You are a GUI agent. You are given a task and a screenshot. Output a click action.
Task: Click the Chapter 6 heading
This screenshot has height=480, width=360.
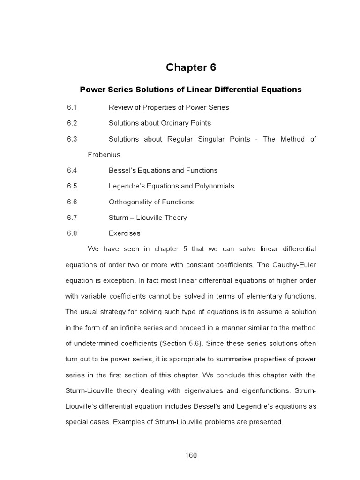(191, 67)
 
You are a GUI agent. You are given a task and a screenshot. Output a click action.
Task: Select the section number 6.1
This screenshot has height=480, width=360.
(72, 107)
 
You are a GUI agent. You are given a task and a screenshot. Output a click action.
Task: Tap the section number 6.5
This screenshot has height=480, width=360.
(72, 186)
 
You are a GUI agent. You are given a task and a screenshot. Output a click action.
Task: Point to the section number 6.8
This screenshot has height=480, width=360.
(72, 233)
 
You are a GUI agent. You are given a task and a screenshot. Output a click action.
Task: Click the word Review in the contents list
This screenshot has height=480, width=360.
(120, 107)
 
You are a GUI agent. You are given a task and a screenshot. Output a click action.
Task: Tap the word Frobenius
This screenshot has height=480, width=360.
(104, 155)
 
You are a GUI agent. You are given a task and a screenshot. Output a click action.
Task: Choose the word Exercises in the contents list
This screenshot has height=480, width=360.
(124, 233)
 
